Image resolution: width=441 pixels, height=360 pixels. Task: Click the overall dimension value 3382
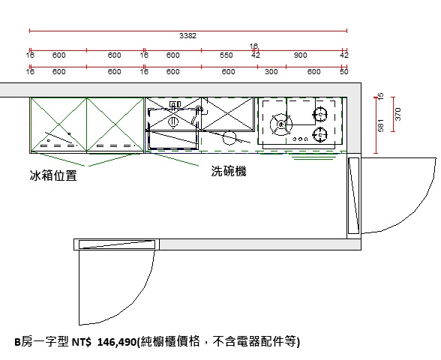click(x=187, y=36)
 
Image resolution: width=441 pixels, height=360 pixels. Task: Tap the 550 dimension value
click(x=226, y=55)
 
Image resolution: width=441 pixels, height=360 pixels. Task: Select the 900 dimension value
click(x=300, y=55)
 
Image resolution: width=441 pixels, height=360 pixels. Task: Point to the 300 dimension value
click(x=271, y=72)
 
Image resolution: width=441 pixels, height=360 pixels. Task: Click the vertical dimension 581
click(x=380, y=125)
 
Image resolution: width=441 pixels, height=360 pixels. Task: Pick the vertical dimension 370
click(x=398, y=114)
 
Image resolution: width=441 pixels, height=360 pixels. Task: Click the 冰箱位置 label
click(x=53, y=175)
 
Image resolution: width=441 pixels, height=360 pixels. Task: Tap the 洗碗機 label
click(x=229, y=171)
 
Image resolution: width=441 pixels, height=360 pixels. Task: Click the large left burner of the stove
click(x=281, y=124)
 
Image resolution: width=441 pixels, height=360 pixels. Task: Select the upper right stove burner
click(x=320, y=114)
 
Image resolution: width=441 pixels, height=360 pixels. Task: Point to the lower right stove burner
click(x=320, y=135)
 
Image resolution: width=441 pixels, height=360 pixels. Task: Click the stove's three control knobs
click(x=300, y=139)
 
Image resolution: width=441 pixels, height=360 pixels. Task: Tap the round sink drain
click(x=173, y=121)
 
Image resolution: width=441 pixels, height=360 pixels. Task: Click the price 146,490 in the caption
click(x=116, y=342)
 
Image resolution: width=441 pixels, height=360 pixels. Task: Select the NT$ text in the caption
click(x=81, y=342)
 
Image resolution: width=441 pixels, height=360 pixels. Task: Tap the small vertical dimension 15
click(x=380, y=96)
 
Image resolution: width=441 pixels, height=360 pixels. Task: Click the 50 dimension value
click(x=344, y=72)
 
